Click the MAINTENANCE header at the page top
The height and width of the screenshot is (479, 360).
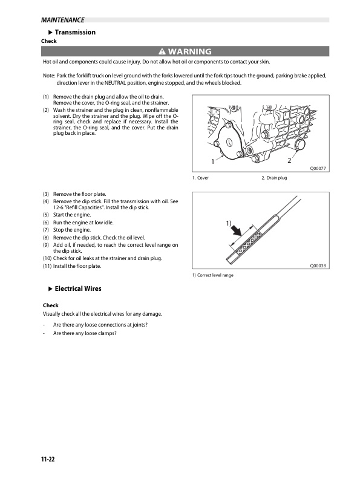[x=63, y=20]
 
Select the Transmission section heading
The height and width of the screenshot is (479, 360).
[x=75, y=32]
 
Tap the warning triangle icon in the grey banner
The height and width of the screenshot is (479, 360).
[x=162, y=51]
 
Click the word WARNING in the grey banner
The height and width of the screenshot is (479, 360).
[x=189, y=51]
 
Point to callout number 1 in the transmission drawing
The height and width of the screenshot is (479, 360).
[x=213, y=161]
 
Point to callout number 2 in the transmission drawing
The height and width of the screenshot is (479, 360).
[x=289, y=160]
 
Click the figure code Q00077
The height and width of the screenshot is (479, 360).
[x=318, y=168]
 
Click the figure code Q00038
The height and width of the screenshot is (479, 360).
[x=318, y=266]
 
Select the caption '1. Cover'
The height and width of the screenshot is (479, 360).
[x=200, y=178]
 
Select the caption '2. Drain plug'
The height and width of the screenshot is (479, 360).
[x=274, y=178]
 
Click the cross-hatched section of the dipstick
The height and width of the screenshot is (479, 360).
[x=250, y=243]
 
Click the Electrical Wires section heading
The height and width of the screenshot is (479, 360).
[x=78, y=288]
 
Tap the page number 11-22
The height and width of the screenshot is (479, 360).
[x=48, y=459]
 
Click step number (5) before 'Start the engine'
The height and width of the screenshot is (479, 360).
[x=46, y=215]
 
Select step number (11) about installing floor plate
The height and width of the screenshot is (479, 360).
[x=47, y=266]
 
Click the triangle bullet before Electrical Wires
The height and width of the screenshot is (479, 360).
[x=51, y=288]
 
